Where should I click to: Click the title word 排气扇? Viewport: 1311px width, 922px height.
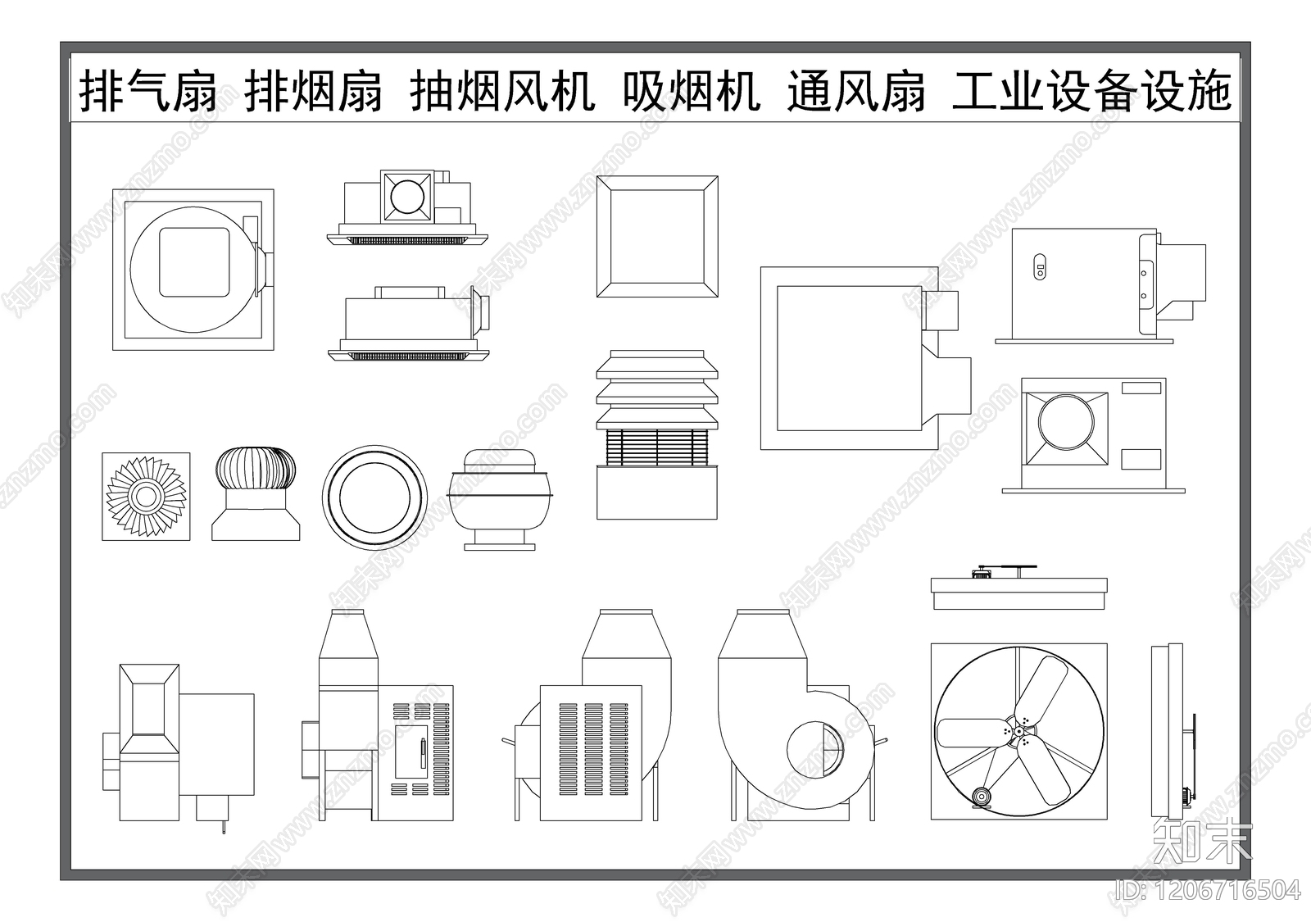tap(148, 91)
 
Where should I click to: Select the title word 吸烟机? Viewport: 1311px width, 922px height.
tap(691, 91)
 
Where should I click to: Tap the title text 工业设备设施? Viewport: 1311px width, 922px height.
tap(1091, 91)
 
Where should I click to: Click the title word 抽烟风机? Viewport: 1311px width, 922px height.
tap(501, 91)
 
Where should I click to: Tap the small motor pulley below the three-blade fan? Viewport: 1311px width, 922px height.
tap(980, 797)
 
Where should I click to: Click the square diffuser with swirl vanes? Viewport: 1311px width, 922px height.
tap(146, 497)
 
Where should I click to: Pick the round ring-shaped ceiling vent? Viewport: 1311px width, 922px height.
tap(374, 497)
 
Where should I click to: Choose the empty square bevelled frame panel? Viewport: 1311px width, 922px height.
tap(657, 236)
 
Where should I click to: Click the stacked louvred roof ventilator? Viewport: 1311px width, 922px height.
tap(657, 434)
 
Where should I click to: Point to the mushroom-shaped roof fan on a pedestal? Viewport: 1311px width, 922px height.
tap(500, 498)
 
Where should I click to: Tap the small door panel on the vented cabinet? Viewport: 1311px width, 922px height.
tap(411, 751)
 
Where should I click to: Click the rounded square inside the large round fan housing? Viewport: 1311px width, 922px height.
tap(193, 262)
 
